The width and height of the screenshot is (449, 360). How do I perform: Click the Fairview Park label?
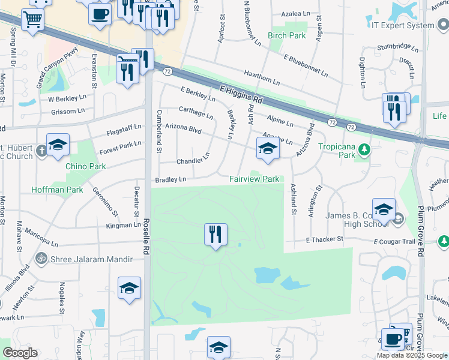(255, 179)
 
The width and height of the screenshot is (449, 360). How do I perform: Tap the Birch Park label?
(287, 35)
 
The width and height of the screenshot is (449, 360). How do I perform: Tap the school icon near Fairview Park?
(268, 149)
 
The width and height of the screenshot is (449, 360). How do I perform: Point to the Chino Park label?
(85, 166)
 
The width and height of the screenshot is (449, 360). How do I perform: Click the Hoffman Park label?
(57, 190)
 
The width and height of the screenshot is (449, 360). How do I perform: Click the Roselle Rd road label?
(146, 234)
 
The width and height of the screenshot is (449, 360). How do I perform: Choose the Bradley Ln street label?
(170, 179)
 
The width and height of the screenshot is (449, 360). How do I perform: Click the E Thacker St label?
(324, 239)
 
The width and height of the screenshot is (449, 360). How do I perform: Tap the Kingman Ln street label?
(122, 225)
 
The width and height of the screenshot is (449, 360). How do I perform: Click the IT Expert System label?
(402, 25)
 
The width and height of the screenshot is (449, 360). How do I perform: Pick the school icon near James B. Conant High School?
(384, 209)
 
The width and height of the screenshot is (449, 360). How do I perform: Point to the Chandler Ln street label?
(193, 160)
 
